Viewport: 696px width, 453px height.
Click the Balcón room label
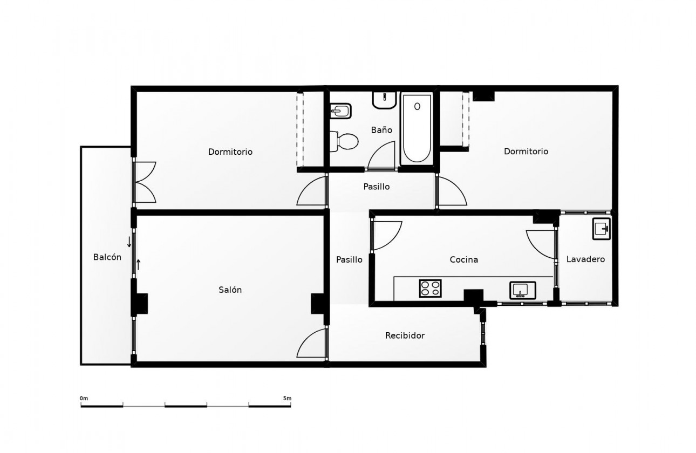(x=107, y=257)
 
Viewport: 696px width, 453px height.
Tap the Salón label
(x=230, y=290)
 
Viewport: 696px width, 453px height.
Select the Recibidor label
(x=405, y=335)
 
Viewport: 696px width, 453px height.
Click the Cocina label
(x=464, y=259)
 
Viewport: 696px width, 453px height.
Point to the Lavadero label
(x=585, y=259)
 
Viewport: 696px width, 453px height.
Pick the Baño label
(x=381, y=130)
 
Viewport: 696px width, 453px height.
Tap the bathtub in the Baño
(x=417, y=129)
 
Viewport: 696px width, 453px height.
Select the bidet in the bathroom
(x=340, y=111)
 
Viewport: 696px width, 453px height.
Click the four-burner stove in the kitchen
(x=431, y=289)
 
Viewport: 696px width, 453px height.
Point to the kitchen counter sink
(x=522, y=290)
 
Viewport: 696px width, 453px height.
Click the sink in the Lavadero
(x=601, y=229)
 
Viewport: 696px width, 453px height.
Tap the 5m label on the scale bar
(x=287, y=399)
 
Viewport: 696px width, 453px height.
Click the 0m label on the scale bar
(x=84, y=399)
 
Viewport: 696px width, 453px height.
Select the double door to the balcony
(x=145, y=182)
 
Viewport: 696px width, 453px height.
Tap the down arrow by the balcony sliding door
(x=129, y=241)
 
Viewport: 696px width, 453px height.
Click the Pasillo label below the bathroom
(x=376, y=187)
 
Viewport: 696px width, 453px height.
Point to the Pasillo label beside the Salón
(x=349, y=259)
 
